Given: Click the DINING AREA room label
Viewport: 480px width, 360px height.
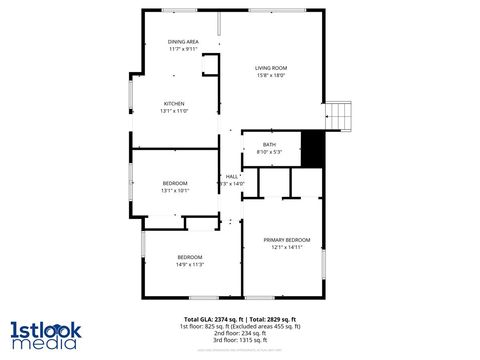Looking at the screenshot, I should point(183,41).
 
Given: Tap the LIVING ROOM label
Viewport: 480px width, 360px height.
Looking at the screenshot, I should point(271,67).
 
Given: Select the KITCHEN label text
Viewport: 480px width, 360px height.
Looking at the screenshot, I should point(175,103).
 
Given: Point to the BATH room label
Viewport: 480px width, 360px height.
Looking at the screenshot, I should point(270,145).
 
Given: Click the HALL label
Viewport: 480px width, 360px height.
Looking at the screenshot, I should point(232,176).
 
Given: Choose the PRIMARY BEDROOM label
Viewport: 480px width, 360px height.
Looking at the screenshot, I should point(287,240).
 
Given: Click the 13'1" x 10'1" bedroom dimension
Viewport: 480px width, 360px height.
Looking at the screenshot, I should point(175,190).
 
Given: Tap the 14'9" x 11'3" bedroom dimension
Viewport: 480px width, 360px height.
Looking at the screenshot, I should point(190,264).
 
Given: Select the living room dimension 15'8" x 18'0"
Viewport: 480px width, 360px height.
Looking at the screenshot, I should point(271,75).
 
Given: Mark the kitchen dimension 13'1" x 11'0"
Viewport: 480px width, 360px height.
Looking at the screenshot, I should point(175,110).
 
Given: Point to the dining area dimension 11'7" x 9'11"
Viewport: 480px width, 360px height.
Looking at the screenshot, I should point(183,48).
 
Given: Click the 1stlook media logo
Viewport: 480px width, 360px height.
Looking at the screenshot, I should point(43,334).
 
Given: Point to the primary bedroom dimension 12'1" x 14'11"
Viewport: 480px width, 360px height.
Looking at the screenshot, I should point(287,247).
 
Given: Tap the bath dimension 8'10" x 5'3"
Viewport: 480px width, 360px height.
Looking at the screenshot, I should point(270,152).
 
